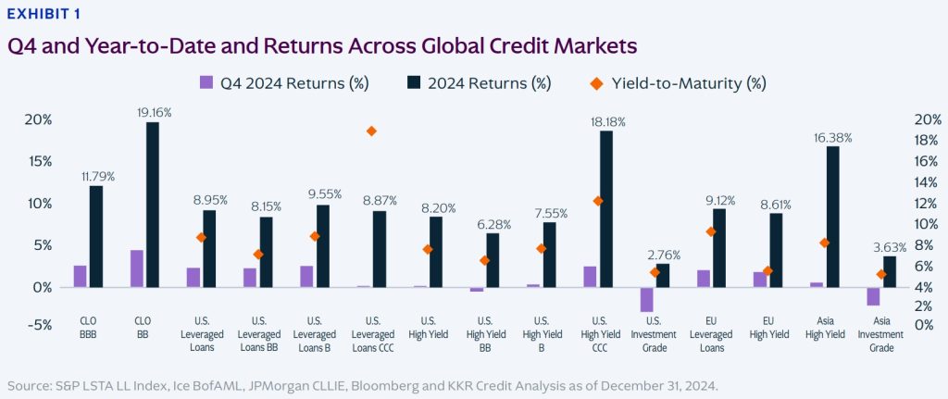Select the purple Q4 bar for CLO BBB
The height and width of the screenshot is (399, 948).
click(x=81, y=276)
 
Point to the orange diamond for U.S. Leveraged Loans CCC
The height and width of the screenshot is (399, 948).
click(x=345, y=131)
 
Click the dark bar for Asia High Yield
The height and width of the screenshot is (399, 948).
click(x=833, y=217)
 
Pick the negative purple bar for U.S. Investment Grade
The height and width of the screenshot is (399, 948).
click(x=646, y=299)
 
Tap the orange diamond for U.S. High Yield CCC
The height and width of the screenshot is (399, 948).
click(x=598, y=201)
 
